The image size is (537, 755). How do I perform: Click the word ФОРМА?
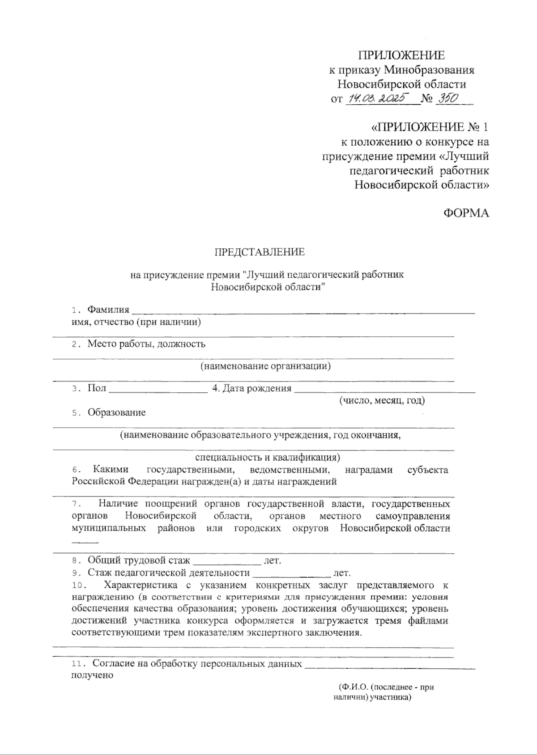(x=466, y=213)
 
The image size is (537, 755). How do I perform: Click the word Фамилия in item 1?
(x=108, y=310)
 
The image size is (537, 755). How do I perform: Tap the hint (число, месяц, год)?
(x=382, y=400)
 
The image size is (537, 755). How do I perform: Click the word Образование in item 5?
(x=116, y=412)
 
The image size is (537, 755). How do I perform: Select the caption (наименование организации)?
(x=265, y=366)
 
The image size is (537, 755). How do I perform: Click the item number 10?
(x=78, y=585)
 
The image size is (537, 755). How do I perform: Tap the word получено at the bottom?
(x=92, y=675)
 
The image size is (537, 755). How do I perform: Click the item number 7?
(x=75, y=505)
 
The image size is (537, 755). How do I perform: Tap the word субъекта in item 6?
(x=427, y=470)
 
